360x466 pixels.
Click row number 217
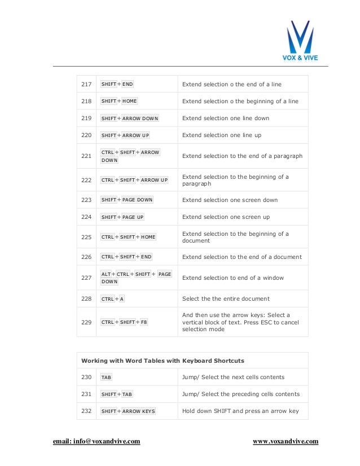[86, 85]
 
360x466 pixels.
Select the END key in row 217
[128, 85]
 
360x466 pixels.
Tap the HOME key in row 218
[130, 102]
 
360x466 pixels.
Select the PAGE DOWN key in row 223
[137, 200]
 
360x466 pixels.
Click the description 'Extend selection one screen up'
[226, 217]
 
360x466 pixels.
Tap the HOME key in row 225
[148, 238]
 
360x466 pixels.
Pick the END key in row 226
[146, 257]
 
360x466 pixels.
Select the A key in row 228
[122, 299]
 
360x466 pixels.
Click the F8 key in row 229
[144, 322]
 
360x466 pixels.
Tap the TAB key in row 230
[106, 377]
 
